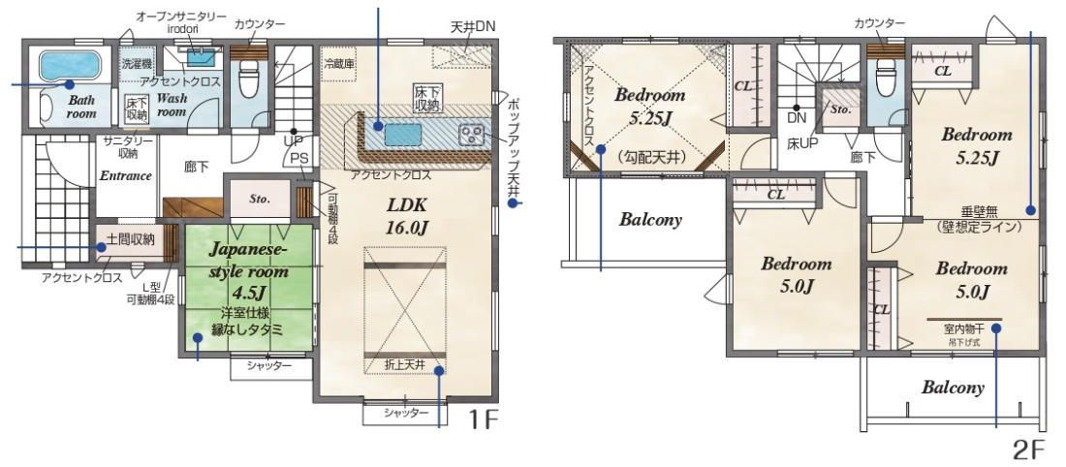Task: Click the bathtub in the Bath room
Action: tap(70, 66)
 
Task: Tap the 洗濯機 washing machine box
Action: tap(138, 65)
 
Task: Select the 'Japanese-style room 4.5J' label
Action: tap(248, 271)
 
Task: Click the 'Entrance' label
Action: tap(125, 175)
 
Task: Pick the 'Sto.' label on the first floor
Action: tap(259, 200)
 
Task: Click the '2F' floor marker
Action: tap(1027, 450)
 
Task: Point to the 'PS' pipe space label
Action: tap(298, 158)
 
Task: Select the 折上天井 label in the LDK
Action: tap(405, 365)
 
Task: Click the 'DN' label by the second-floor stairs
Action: tap(796, 118)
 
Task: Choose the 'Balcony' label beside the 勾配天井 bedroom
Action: tap(650, 220)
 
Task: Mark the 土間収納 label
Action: tap(131, 239)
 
